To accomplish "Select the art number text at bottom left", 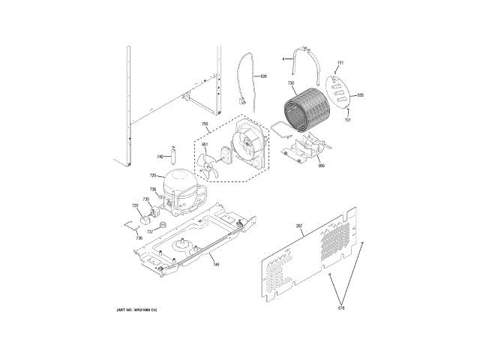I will (x=136, y=310).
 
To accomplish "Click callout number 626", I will (x=263, y=76).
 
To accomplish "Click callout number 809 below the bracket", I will (x=321, y=165).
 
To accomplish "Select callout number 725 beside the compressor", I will (x=152, y=175).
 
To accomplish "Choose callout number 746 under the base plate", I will (x=215, y=265).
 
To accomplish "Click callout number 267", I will (x=299, y=226).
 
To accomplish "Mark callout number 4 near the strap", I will (x=283, y=58).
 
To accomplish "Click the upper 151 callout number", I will (x=340, y=62).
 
